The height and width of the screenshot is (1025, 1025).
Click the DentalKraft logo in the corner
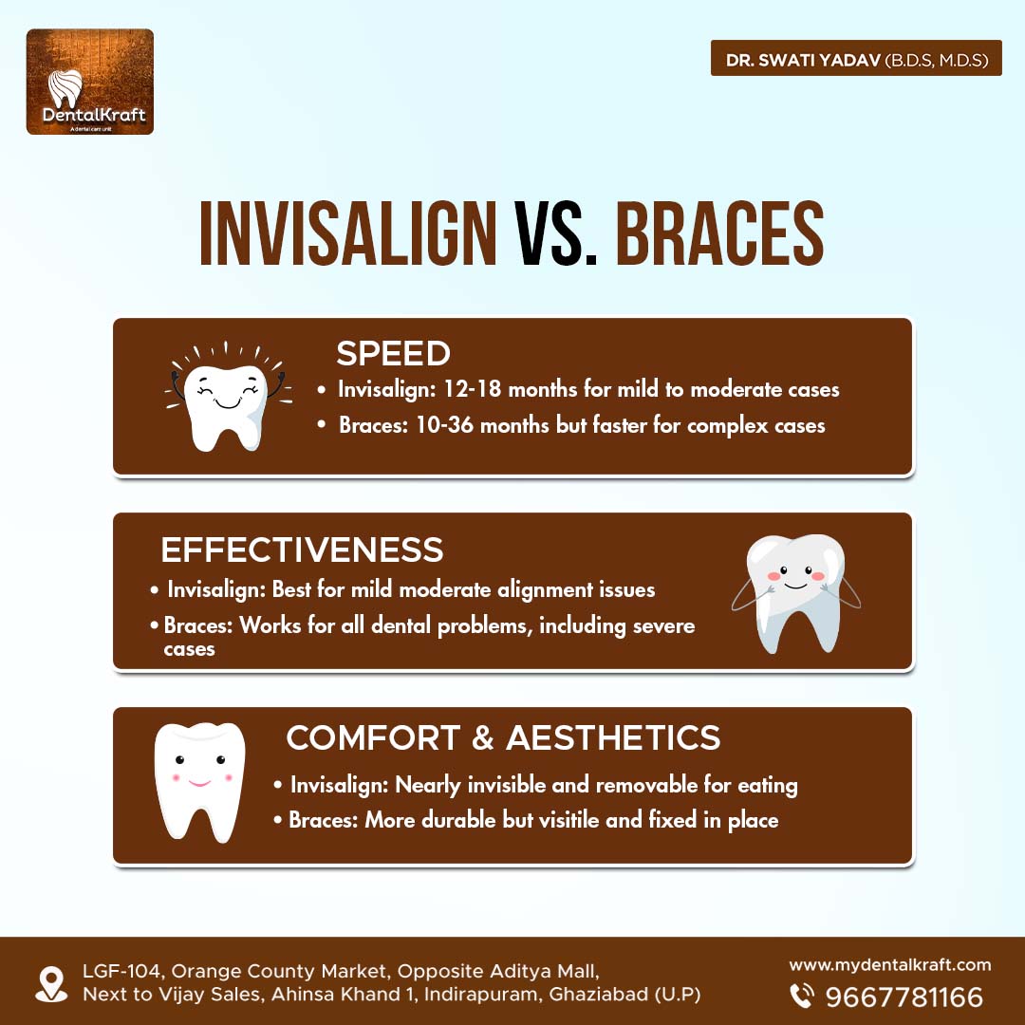(x=90, y=82)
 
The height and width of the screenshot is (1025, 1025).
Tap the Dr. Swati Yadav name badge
(x=856, y=58)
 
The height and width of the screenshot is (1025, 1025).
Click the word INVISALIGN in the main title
(x=348, y=233)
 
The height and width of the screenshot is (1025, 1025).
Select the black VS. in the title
(x=555, y=233)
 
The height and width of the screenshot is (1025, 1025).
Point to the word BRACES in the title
(x=719, y=233)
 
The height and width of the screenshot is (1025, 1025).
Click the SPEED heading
(x=393, y=354)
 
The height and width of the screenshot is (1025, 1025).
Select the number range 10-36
(x=444, y=425)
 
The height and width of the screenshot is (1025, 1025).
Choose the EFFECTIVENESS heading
(x=302, y=550)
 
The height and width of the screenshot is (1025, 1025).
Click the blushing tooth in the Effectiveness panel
(x=795, y=593)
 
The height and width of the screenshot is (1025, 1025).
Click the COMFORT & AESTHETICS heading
(x=503, y=737)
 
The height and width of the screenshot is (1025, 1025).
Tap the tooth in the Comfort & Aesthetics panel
(x=200, y=782)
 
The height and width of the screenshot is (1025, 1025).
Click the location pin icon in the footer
(x=51, y=984)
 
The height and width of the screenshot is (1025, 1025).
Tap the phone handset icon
(x=801, y=996)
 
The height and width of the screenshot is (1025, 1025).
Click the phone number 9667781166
(x=904, y=997)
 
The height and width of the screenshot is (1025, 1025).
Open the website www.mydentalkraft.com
(x=889, y=965)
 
